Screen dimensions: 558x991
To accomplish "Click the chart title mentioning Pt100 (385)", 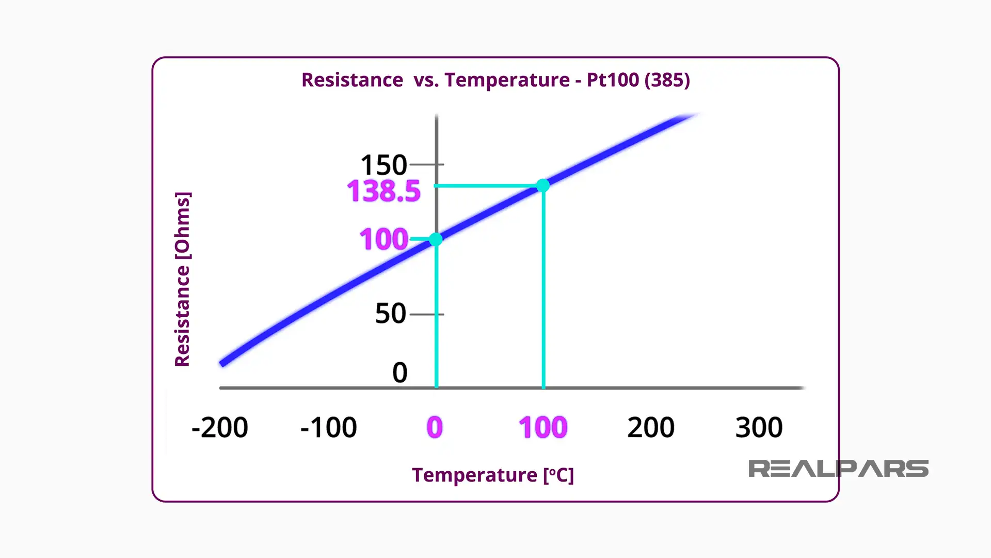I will [495, 80].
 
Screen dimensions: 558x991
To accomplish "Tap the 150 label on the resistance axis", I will [383, 165].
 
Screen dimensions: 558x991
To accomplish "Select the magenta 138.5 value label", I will [383, 191].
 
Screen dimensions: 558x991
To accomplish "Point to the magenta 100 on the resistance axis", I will [383, 239].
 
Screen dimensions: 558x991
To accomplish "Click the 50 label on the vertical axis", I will [390, 314].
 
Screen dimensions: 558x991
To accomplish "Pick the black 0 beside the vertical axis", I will [399, 373].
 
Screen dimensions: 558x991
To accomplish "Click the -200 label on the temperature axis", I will [219, 428].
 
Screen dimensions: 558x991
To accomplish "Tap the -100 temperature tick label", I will [328, 428].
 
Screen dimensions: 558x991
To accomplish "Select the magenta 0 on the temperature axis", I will [435, 428].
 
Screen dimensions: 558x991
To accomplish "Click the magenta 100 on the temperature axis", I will [543, 428].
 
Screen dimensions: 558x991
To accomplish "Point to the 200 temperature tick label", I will [650, 428].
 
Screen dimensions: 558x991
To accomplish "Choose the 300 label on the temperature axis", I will [759, 428].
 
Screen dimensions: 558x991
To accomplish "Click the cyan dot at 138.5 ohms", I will [542, 185].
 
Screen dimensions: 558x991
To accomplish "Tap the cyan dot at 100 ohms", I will [436, 239].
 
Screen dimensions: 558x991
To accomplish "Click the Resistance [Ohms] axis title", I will [183, 279].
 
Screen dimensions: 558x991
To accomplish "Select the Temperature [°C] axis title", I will [492, 475].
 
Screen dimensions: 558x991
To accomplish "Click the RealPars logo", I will [838, 469].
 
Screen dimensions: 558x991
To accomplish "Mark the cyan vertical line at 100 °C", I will [544, 289].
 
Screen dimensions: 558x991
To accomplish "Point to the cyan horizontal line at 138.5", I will [485, 185].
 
